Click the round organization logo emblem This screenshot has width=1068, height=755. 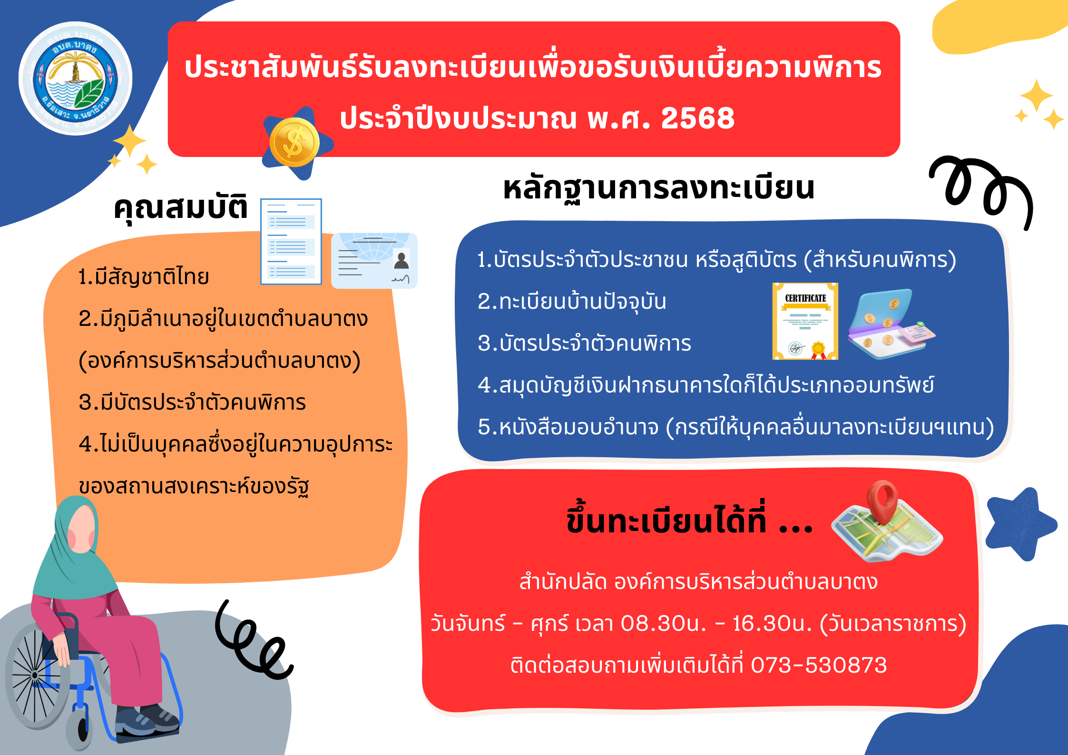tap(75, 78)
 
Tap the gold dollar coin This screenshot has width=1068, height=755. tap(294, 142)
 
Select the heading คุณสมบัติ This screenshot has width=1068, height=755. tap(181, 207)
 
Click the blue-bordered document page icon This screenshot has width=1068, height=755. tap(291, 242)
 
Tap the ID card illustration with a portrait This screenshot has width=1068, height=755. tap(374, 261)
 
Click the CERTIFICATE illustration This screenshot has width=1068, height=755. tap(805, 321)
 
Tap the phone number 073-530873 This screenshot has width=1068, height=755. tap(819, 665)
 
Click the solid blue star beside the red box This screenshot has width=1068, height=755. tap(1019, 523)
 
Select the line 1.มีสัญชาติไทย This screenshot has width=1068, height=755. tap(144, 276)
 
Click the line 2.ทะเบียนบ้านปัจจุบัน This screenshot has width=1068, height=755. tap(572, 301)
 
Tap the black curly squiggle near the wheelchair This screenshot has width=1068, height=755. tap(252, 640)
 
